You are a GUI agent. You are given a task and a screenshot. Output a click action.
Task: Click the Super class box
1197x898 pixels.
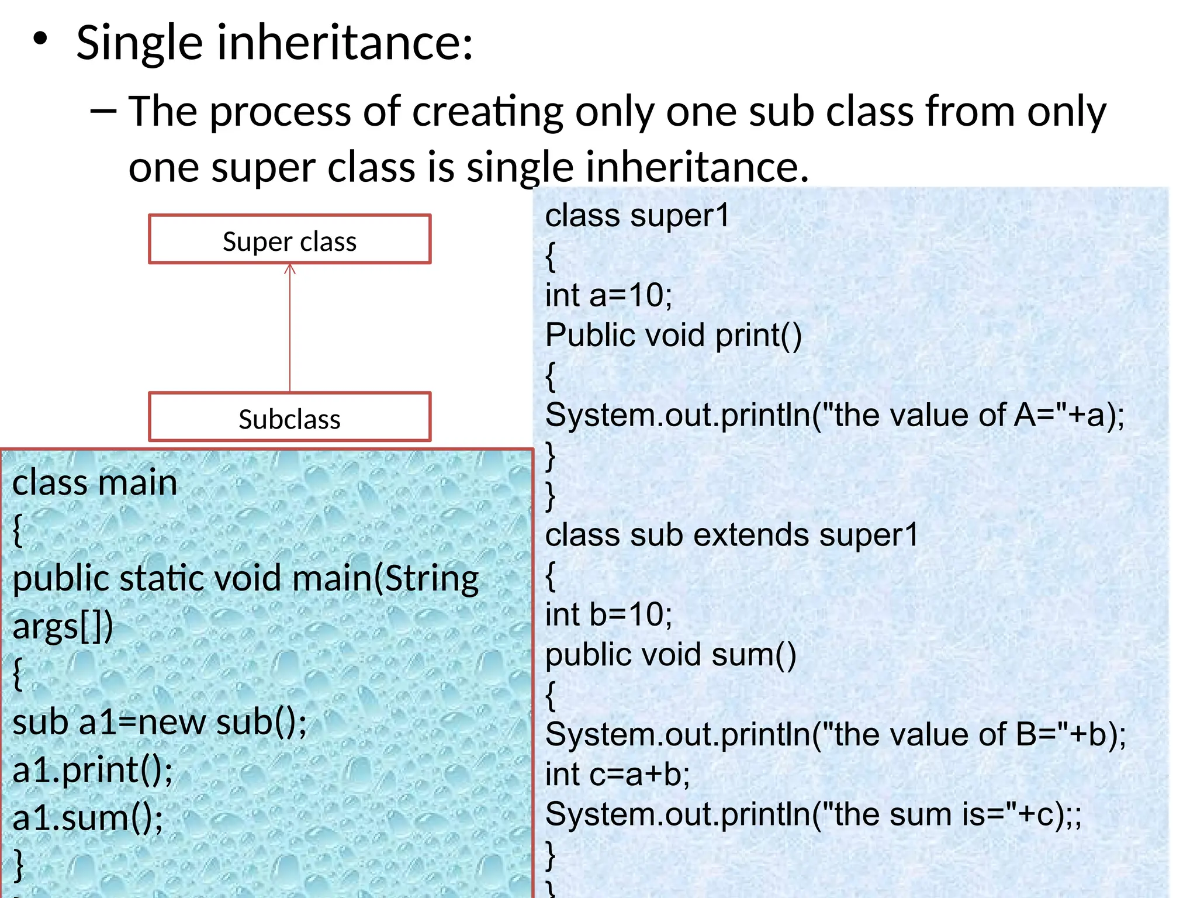click(x=289, y=240)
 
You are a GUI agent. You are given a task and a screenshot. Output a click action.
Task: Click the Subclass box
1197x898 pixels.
click(x=289, y=417)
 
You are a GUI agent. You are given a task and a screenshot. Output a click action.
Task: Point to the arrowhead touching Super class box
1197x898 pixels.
click(x=290, y=269)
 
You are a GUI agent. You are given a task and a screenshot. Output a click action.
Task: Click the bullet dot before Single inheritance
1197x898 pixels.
click(x=40, y=39)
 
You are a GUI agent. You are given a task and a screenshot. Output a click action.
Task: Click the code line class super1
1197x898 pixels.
click(x=637, y=216)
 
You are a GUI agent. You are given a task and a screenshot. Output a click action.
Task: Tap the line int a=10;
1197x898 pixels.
click(x=608, y=295)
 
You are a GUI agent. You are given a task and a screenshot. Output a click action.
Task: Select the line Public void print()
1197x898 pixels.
click(x=673, y=336)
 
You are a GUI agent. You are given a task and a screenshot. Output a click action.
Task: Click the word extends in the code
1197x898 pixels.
click(x=752, y=535)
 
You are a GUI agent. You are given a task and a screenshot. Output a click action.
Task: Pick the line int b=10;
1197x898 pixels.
click(x=608, y=615)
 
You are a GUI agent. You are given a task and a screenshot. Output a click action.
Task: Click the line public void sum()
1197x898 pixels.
click(x=670, y=655)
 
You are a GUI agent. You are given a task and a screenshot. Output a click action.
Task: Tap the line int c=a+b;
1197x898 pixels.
click(x=617, y=775)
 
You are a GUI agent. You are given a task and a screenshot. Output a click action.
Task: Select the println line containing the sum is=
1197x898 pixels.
click(x=812, y=814)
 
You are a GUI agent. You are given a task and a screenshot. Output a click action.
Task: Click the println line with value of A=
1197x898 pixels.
click(x=834, y=415)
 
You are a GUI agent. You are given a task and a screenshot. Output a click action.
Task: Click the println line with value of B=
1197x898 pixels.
click(x=835, y=734)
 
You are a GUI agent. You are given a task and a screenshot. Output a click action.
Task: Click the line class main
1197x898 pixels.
click(x=95, y=483)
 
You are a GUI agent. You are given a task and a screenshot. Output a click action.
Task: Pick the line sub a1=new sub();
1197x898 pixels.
click(x=159, y=722)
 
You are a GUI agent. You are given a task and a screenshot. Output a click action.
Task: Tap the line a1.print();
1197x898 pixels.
click(x=92, y=770)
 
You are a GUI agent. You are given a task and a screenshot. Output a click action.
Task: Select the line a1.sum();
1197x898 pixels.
click(x=88, y=818)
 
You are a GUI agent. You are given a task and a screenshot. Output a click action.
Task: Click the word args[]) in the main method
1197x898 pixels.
click(x=63, y=627)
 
